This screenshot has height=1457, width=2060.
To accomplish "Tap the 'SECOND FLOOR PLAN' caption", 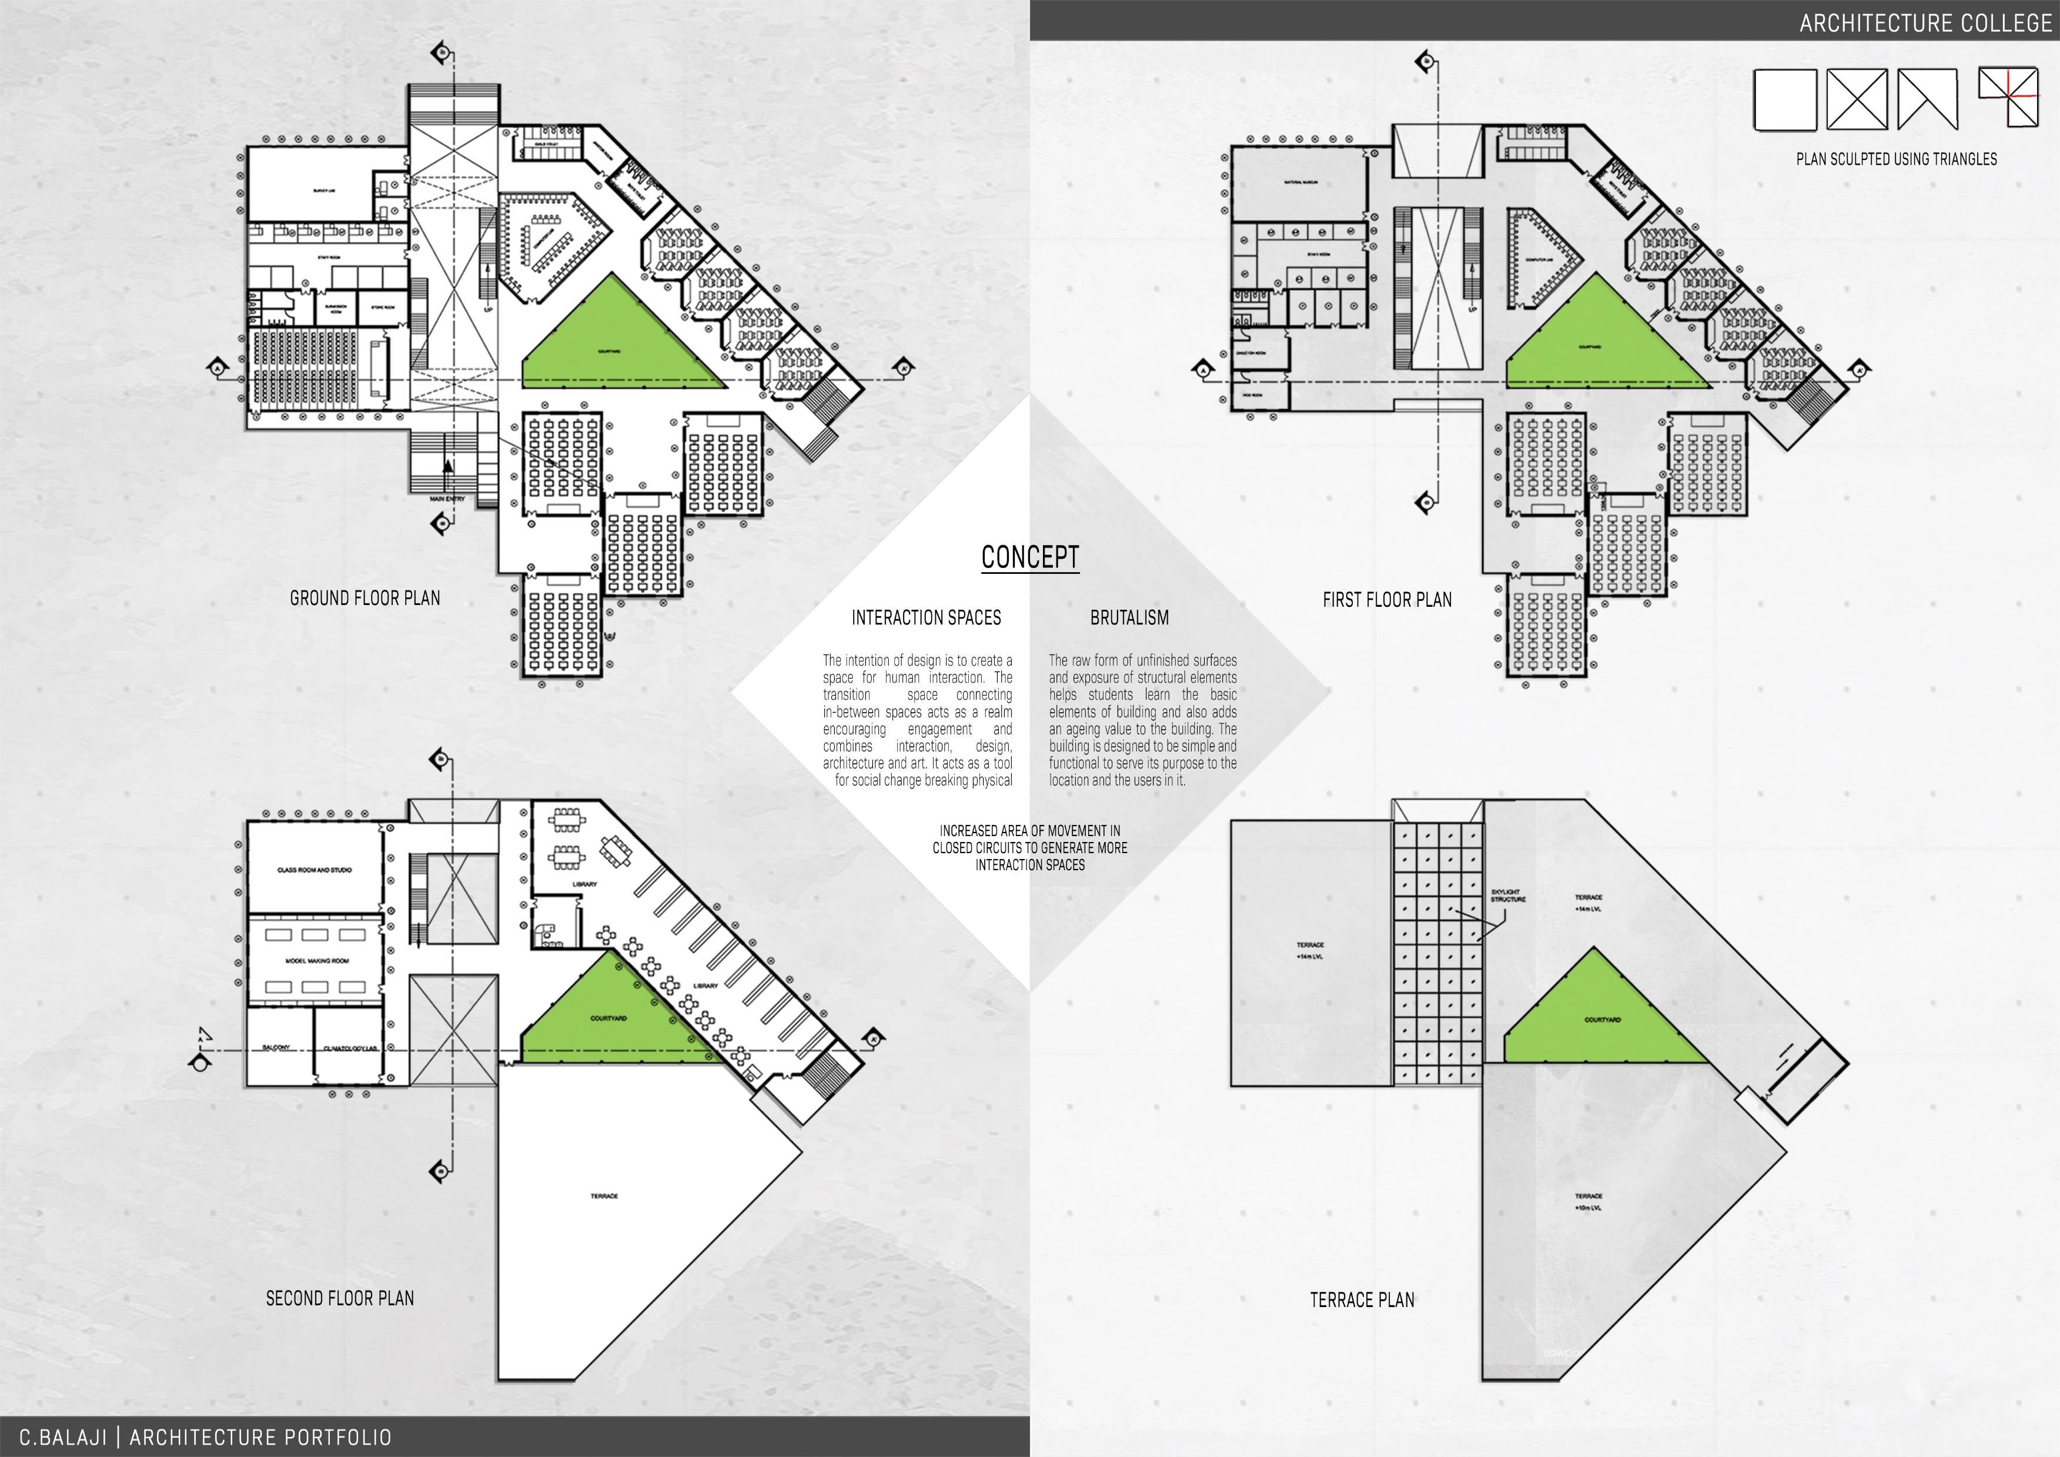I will coord(339,1298).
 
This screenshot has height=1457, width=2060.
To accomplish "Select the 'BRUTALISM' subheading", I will coord(1129,618).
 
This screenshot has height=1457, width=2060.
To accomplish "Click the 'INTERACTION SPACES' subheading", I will coord(926,618).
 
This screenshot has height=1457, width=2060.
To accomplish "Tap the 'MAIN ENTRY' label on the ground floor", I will coord(447,499).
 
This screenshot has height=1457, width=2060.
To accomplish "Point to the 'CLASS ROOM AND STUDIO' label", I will coord(314,870).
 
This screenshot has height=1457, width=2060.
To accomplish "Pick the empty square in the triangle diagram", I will coord(1784,101).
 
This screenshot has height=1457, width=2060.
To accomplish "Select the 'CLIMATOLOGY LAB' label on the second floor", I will coord(350,1048).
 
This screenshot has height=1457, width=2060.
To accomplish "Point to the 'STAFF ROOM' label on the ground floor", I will coord(329,258).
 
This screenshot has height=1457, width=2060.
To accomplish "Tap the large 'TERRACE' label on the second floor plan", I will coord(604,1196).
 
